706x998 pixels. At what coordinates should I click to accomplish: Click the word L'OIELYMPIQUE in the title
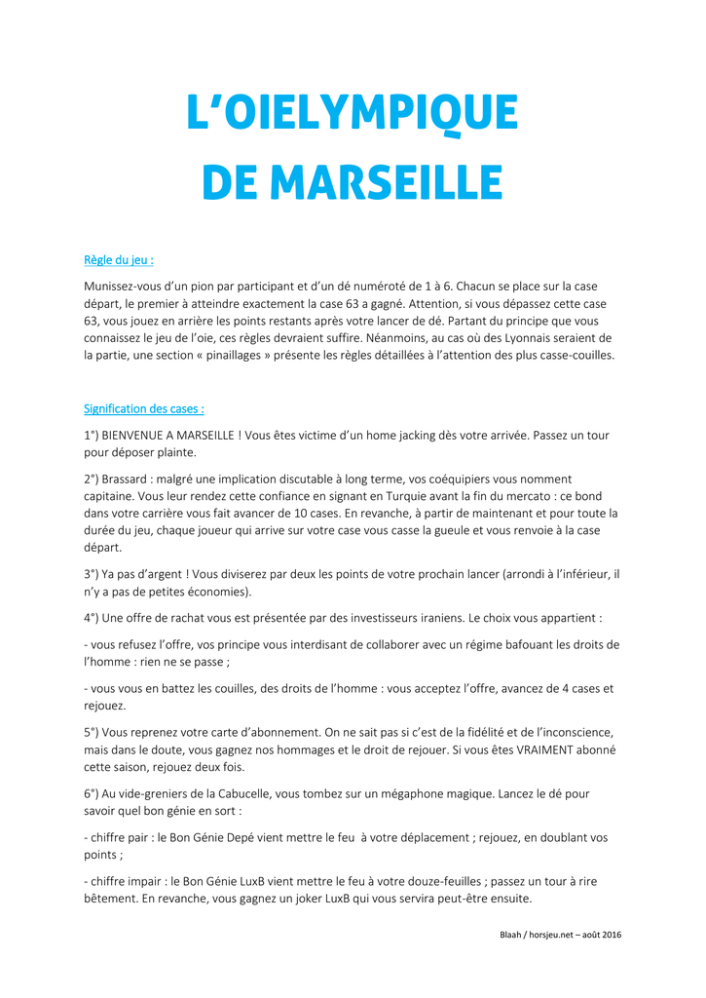(353, 114)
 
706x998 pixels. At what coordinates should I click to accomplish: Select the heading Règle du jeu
(119, 260)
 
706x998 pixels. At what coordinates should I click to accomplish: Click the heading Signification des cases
(144, 408)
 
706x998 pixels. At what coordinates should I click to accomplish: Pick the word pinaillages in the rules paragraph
(232, 355)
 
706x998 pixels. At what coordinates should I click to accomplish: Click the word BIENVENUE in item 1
(143, 435)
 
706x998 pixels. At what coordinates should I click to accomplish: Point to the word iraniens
(427, 617)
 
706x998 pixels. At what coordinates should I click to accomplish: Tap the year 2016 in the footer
(612, 935)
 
